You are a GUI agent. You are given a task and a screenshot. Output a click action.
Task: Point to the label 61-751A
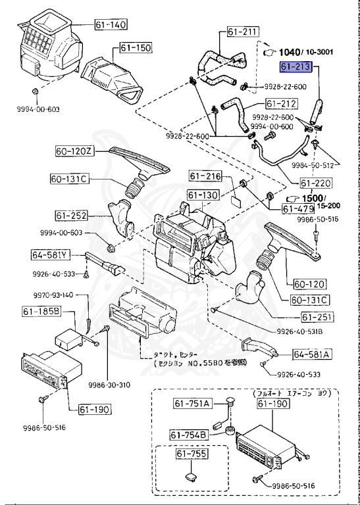click(192, 403)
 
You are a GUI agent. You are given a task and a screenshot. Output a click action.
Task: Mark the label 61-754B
click(190, 435)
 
